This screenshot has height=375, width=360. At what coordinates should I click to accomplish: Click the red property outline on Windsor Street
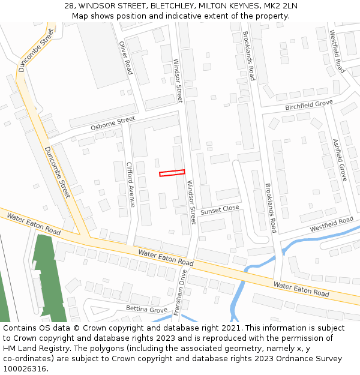[x=172, y=173]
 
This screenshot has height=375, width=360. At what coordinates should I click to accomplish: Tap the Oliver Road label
[x=125, y=58]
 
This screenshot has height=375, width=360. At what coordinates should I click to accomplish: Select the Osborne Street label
[x=113, y=124]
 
